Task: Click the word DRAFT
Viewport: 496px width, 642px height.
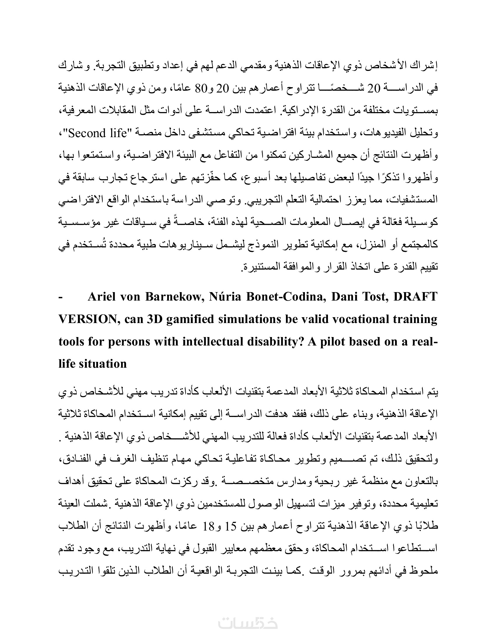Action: pyautogui.click(x=415, y=297)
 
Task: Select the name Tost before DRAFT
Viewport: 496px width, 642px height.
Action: pyautogui.click(x=375, y=297)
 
